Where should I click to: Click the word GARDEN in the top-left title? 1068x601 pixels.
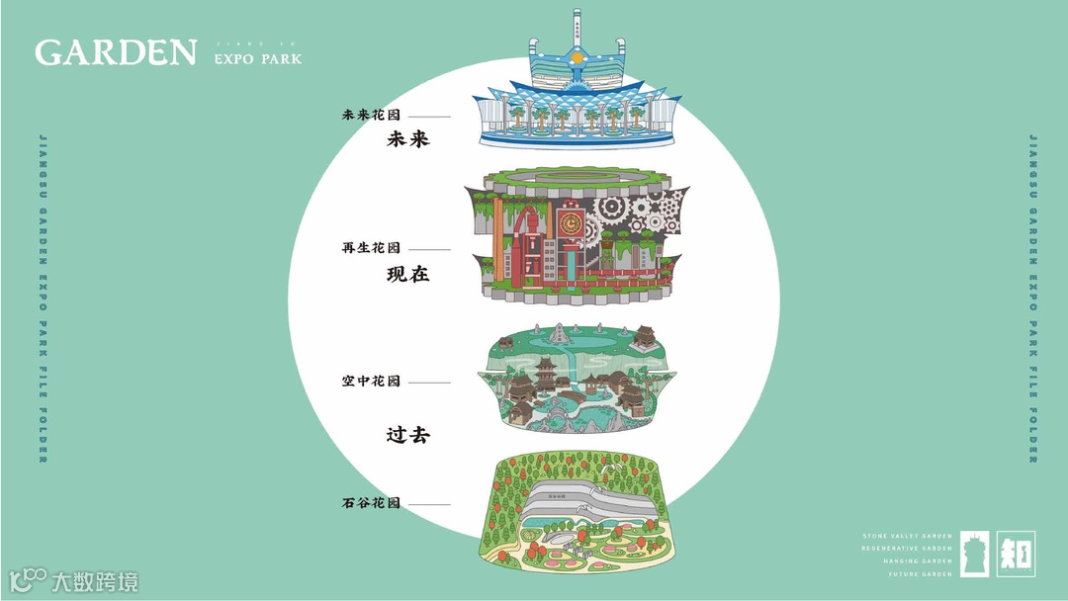click(x=116, y=52)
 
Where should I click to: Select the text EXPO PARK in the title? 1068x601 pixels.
click(x=258, y=59)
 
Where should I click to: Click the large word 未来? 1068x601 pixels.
click(x=407, y=140)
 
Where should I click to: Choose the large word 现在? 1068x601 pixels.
click(x=407, y=274)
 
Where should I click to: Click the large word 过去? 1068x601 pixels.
click(x=407, y=434)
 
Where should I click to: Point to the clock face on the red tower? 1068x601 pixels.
click(x=570, y=222)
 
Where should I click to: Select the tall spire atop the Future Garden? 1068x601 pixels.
click(x=576, y=26)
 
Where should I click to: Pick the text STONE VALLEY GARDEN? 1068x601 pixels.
click(x=907, y=536)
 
